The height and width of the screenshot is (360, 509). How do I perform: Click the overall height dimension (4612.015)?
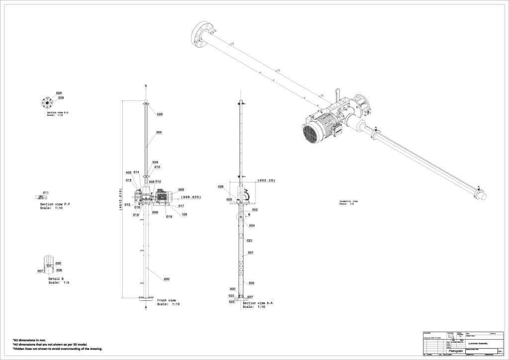click(120, 200)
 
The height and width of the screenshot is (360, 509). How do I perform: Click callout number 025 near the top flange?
click(160, 114)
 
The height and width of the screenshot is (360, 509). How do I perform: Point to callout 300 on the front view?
click(159, 132)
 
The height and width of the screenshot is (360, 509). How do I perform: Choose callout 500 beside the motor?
click(181, 189)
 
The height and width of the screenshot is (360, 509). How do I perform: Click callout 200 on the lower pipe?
click(167, 279)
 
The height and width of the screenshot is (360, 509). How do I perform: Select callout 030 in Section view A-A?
click(252, 283)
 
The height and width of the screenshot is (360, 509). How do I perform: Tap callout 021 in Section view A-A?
click(250, 240)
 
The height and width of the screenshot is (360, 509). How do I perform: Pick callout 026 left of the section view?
click(221, 186)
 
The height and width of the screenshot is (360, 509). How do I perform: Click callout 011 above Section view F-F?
click(45, 192)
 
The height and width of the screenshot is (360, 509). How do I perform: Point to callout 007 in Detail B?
click(40, 271)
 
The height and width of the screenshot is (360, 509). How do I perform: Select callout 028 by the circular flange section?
click(59, 93)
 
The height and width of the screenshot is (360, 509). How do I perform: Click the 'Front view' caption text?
click(167, 300)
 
